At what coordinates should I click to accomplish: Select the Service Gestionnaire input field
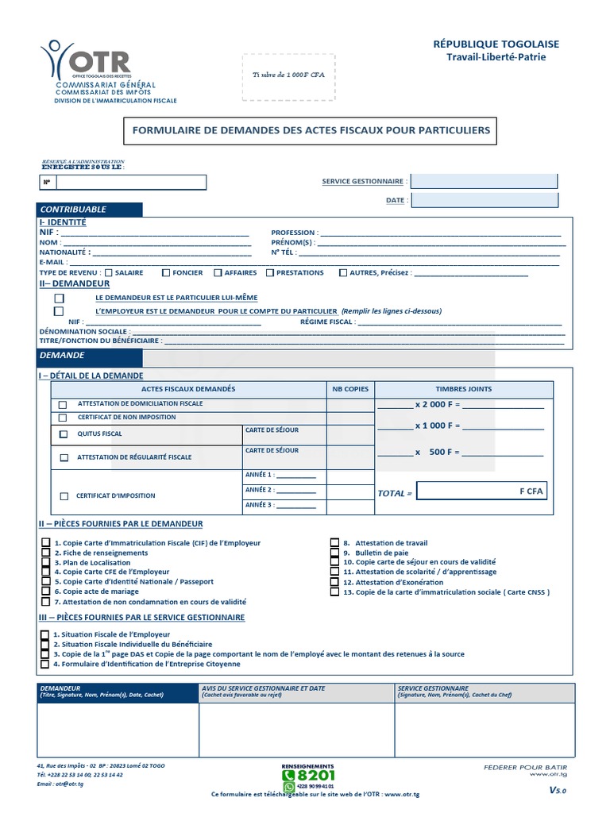pos(484,181)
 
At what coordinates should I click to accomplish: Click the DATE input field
pos(484,200)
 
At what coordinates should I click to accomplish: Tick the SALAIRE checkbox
pos(109,273)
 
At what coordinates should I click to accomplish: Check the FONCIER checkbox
pos(166,273)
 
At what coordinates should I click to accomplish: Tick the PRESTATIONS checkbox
pos(270,273)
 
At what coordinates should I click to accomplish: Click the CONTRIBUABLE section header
pos(90,210)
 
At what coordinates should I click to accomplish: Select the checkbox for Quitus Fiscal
pos(64,435)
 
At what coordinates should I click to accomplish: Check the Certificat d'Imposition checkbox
pos(64,496)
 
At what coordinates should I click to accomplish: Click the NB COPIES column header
pos(350,389)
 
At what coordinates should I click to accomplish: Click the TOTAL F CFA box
pos(481,491)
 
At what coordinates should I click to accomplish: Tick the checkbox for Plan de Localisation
pos(46,562)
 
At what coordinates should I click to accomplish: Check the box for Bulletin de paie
pos(335,553)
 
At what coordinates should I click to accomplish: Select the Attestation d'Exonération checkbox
pos(335,582)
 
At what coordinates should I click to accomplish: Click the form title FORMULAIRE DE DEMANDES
pos(310,130)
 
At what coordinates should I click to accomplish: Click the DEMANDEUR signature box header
pos(117,692)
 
